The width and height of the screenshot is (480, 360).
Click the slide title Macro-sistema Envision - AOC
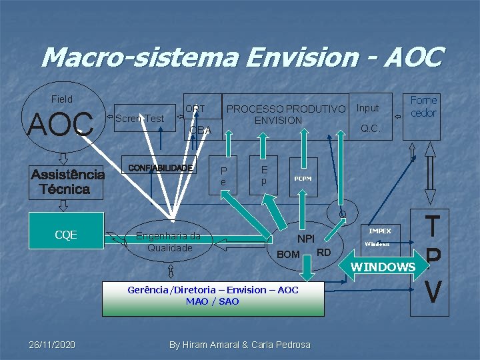(241, 57)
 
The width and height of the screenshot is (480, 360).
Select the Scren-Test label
(139, 119)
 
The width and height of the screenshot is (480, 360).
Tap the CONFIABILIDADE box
(160, 167)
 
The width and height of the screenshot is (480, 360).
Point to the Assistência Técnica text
(67, 181)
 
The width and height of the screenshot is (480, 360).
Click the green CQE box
(66, 235)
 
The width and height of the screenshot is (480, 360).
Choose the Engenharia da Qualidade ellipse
(169, 241)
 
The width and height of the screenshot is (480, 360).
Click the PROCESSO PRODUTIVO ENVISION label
(286, 114)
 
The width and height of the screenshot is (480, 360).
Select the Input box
(367, 108)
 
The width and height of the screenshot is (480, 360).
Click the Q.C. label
(370, 129)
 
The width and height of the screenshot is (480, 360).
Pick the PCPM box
(303, 178)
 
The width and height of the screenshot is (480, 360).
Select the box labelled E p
(264, 175)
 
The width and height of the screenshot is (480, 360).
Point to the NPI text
(306, 239)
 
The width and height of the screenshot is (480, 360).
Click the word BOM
(288, 255)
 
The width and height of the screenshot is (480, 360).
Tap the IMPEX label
(380, 231)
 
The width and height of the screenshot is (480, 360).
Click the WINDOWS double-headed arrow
(383, 267)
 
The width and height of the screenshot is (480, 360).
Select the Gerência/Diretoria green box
(213, 296)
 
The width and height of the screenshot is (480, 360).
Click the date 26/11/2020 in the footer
(52, 345)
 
